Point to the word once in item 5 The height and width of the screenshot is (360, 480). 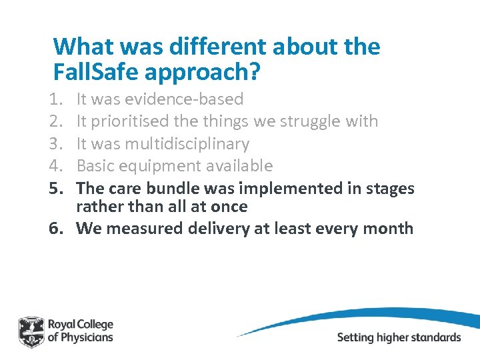[229, 207]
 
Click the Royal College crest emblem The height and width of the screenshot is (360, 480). [31, 331]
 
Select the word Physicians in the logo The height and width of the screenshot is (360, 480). [88, 337]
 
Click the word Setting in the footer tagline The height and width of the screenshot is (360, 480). [355, 337]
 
